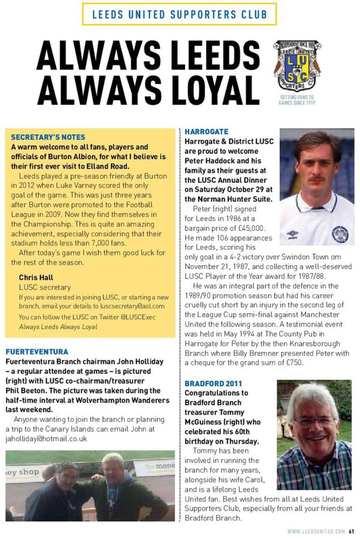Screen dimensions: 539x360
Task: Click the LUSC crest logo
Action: coord(297,66)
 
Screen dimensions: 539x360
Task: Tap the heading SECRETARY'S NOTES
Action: coord(48,137)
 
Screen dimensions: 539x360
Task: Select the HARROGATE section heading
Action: coord(206,132)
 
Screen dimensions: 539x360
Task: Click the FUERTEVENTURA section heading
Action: coord(37,352)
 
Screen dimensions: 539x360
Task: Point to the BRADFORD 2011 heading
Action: coord(213,383)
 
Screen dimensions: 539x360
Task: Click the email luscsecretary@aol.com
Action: coord(132,306)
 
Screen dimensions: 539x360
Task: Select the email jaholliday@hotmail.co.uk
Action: coord(46,439)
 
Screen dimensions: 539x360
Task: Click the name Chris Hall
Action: coord(36,277)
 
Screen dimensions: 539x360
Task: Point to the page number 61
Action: coord(351,531)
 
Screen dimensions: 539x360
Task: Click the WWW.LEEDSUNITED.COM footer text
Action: coord(316,531)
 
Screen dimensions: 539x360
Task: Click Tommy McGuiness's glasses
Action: coord(314,421)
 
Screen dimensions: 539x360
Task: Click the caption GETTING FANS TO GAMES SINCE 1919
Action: coord(297,100)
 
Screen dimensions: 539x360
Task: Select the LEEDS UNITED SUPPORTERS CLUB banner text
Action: coord(180,14)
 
